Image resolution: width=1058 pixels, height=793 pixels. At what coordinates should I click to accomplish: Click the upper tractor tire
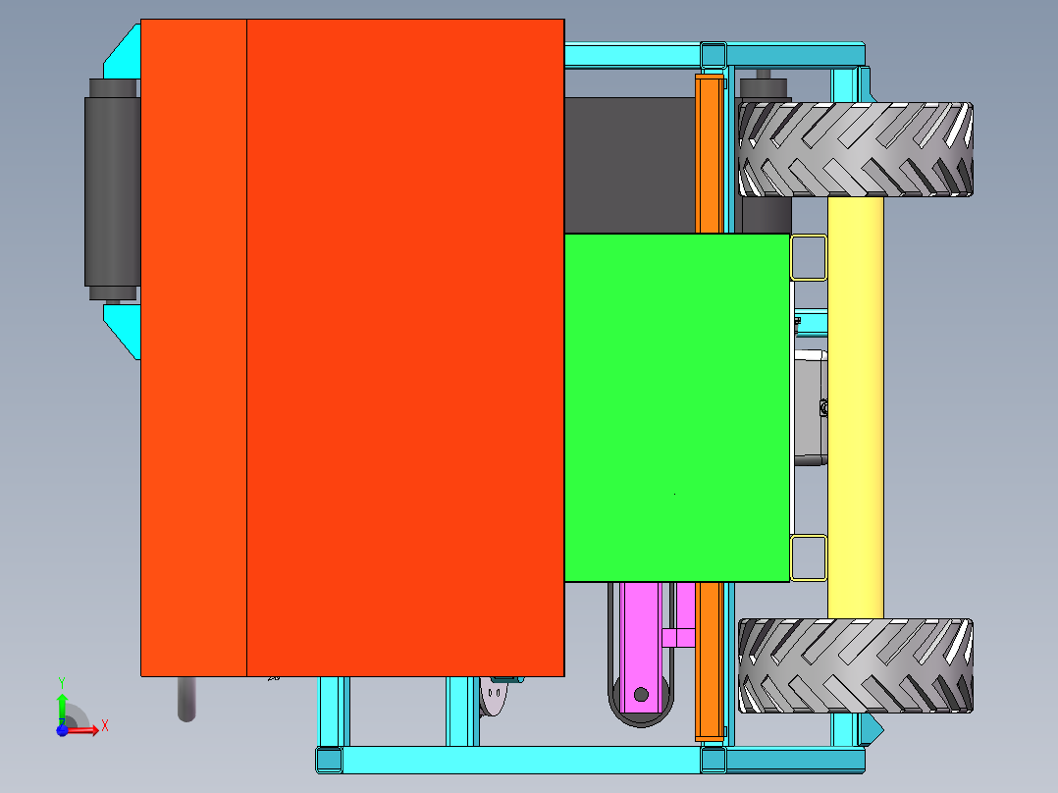coord(855,149)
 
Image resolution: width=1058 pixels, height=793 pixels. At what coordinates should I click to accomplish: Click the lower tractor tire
coord(855,665)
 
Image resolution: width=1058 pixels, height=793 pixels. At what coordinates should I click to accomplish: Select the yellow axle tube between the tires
coord(855,407)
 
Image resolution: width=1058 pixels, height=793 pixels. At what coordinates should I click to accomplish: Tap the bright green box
coord(677,407)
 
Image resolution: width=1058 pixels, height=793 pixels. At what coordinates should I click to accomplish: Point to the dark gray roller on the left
coord(112,189)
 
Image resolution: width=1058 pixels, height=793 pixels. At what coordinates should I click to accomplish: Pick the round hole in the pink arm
coord(641,695)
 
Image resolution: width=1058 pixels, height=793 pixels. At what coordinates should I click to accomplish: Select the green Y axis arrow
coord(61,702)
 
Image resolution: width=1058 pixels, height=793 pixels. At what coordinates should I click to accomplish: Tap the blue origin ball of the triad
coord(61,730)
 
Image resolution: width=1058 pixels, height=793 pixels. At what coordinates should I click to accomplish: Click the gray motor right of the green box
coord(811,407)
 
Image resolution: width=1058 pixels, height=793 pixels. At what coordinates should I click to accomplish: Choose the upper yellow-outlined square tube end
coord(808,257)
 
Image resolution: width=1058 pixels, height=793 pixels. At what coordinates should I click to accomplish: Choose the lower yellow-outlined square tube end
coord(808,557)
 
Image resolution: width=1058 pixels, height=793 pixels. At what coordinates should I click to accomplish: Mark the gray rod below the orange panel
coord(186,699)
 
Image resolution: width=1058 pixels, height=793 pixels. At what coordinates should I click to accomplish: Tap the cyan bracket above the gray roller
coord(124,55)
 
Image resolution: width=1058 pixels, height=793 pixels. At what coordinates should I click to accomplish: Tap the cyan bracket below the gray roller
coord(124,326)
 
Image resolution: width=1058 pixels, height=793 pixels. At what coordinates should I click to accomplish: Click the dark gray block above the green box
coord(628,164)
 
